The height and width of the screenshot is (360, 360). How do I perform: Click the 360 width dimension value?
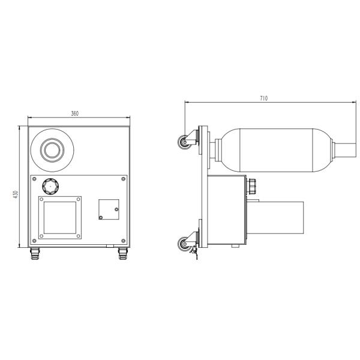pyautogui.click(x=74, y=113)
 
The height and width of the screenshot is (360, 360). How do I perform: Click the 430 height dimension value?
pyautogui.click(x=16, y=194)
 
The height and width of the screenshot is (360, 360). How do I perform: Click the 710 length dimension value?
pyautogui.click(x=264, y=98)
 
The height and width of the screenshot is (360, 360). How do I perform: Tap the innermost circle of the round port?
pyautogui.click(x=52, y=150)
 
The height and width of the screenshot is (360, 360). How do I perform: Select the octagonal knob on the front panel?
pyautogui.click(x=50, y=186)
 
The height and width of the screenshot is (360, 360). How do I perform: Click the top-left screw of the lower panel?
pyautogui.click(x=34, y=179)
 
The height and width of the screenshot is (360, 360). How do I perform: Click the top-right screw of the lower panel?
pyautogui.click(x=123, y=179)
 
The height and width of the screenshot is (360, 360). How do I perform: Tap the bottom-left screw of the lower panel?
pyautogui.click(x=34, y=241)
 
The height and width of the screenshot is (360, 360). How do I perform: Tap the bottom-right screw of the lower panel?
pyautogui.click(x=123, y=241)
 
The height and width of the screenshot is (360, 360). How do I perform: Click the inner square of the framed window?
pyautogui.click(x=60, y=218)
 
